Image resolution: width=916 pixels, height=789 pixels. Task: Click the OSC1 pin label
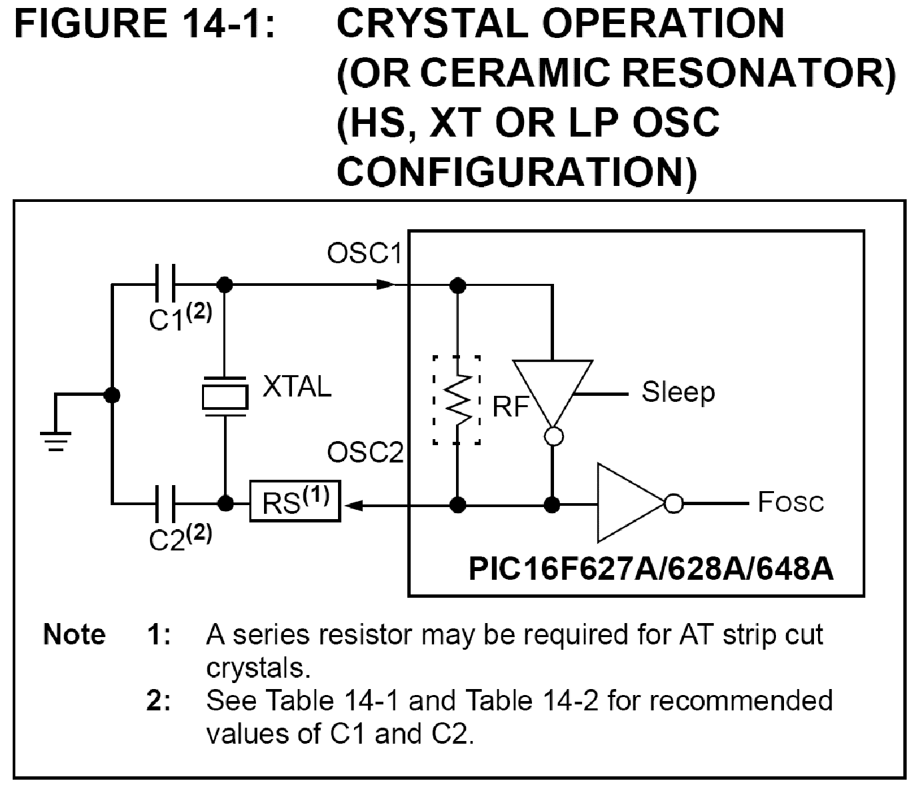pos(364,254)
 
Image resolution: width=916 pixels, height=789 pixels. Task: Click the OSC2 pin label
pos(365,454)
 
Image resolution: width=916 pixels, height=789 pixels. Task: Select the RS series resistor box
pos(295,501)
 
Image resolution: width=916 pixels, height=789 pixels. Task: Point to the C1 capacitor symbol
pos(164,285)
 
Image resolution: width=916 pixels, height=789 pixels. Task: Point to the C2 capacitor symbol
pos(164,503)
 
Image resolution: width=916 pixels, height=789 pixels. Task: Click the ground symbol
pos(55,440)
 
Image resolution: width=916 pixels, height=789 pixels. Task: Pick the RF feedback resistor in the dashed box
pos(457,400)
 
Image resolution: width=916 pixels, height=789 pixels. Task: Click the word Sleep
pos(678,392)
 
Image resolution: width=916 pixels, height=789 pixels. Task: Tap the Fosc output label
pos(791,502)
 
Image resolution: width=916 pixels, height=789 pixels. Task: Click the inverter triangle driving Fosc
pos(627,503)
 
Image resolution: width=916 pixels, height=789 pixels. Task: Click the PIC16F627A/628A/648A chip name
pos(650,569)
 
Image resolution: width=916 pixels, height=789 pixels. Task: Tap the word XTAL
pos(297,387)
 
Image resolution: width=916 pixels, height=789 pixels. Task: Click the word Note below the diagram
pos(74,634)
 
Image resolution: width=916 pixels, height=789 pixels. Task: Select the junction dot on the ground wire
pos(112,395)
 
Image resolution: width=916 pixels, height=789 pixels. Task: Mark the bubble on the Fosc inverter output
pos(674,504)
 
